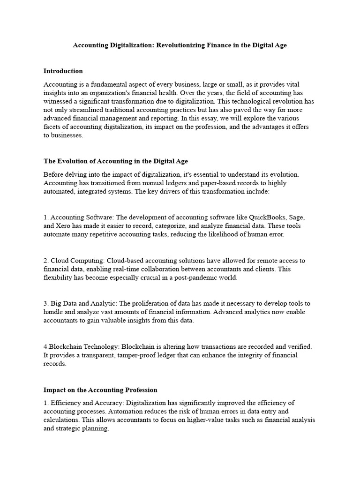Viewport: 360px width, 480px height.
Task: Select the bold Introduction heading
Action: click(x=63, y=71)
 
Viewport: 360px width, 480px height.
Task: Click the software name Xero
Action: click(x=65, y=226)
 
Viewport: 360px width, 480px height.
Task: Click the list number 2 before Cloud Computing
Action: click(x=46, y=261)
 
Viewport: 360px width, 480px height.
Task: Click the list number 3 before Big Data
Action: click(x=46, y=303)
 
